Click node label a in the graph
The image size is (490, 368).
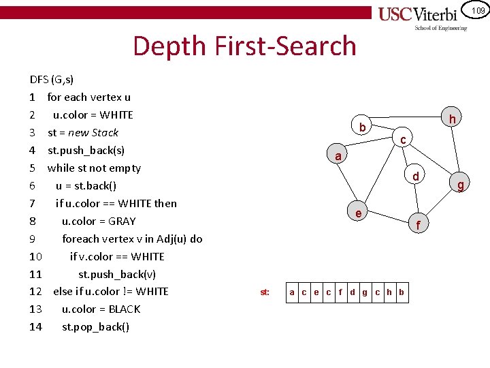point(338,156)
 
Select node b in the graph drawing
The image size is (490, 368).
point(363,127)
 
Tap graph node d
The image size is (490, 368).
point(415,177)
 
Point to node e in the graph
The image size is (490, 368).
point(358,213)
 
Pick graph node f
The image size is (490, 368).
point(419,224)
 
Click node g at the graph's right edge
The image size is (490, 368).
point(461,184)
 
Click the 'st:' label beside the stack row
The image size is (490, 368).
point(265,292)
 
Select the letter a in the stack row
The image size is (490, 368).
point(292,292)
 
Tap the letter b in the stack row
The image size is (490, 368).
point(401,292)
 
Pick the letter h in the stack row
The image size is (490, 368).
point(389,292)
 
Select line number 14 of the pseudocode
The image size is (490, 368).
point(36,326)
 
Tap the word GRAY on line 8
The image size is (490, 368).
point(122,221)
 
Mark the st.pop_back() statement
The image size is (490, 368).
point(96,326)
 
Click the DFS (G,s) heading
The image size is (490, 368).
point(52,79)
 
